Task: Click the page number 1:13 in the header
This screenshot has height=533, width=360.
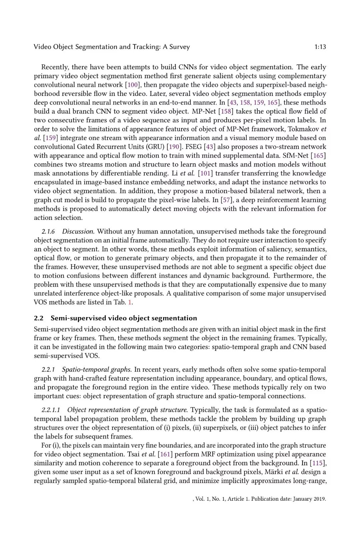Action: (x=320, y=47)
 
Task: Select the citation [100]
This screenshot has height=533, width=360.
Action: (x=133, y=85)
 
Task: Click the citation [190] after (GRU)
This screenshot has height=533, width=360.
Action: (x=174, y=147)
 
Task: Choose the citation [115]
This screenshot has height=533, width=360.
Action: (x=318, y=463)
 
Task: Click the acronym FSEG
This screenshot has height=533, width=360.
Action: (x=194, y=147)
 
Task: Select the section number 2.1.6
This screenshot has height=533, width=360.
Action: (x=48, y=232)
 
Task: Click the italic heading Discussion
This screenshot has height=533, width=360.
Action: (x=78, y=232)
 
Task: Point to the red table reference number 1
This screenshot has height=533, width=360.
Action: (x=130, y=302)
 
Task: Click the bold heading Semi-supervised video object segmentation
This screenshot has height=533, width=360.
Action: (x=124, y=318)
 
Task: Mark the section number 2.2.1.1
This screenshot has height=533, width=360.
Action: (x=51, y=410)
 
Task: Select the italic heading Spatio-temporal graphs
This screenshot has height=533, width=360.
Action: (x=97, y=370)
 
